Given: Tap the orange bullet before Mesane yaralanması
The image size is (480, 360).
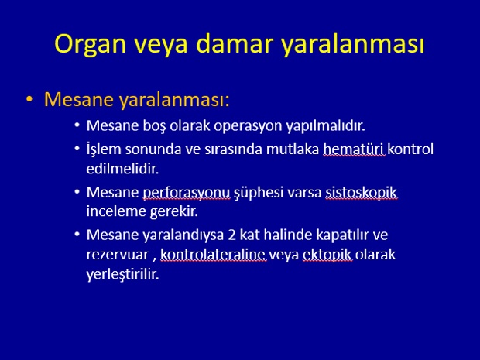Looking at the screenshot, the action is pos(29,99).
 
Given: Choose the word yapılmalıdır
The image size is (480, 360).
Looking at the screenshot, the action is pos(326,126).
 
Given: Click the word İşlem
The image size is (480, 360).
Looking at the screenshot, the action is pos(104,149).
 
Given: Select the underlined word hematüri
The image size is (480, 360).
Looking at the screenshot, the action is pos(354,149).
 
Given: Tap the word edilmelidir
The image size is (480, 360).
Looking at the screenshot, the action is pos(122,169).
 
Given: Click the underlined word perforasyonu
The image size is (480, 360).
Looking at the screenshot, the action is pos(186,193).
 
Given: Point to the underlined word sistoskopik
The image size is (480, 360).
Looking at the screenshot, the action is pos(361,193).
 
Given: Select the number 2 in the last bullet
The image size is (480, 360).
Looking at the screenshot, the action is pos(231,235).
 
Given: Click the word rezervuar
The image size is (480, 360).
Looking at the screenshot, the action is pos(117,255).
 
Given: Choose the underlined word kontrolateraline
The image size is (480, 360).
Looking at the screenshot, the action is pos(213,255).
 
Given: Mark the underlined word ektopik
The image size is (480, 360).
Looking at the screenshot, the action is pos(327,255).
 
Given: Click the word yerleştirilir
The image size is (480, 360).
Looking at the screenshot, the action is pos(123,274).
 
